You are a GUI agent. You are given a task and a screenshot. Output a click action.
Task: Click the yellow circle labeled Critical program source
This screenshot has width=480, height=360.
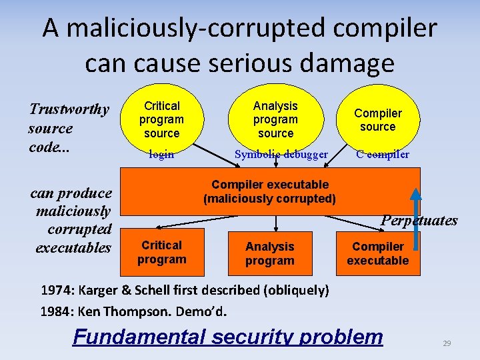[161, 119]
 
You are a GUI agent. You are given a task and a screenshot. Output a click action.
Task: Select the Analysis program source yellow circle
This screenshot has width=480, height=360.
[275, 119]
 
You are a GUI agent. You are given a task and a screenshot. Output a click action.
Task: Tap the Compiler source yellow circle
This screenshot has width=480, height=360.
[378, 120]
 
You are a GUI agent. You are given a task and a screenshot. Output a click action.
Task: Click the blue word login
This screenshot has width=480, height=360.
[161, 155]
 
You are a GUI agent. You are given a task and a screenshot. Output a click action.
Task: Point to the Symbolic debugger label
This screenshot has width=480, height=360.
[281, 155]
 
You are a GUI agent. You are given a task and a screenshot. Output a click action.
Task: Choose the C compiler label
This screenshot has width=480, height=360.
[383, 155]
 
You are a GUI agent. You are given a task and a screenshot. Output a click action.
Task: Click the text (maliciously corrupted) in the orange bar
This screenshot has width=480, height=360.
[269, 199]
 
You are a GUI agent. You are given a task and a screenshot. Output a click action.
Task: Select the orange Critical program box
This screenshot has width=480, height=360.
[161, 252]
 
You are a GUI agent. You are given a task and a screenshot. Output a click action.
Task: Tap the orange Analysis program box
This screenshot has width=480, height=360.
[269, 253]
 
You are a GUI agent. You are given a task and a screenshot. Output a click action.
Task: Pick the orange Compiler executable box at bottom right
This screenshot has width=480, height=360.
[377, 253]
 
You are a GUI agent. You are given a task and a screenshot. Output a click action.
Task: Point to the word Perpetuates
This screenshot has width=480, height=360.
[419, 220]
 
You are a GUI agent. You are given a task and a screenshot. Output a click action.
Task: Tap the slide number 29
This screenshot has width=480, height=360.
[447, 343]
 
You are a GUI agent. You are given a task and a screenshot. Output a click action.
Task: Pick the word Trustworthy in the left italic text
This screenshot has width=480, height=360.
[69, 109]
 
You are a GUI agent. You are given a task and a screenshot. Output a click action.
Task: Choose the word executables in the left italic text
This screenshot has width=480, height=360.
[73, 247]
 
